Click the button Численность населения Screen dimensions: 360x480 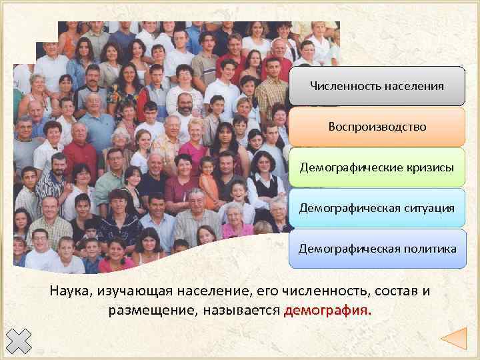pos(377,86)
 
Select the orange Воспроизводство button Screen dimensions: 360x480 pos(377,127)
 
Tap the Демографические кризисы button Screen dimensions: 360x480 pos(377,167)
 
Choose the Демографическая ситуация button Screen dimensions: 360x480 pos(377,208)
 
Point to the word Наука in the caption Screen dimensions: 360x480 pos(70,291)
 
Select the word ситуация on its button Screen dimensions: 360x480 pos(427,208)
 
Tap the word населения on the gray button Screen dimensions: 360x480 pos(414,86)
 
